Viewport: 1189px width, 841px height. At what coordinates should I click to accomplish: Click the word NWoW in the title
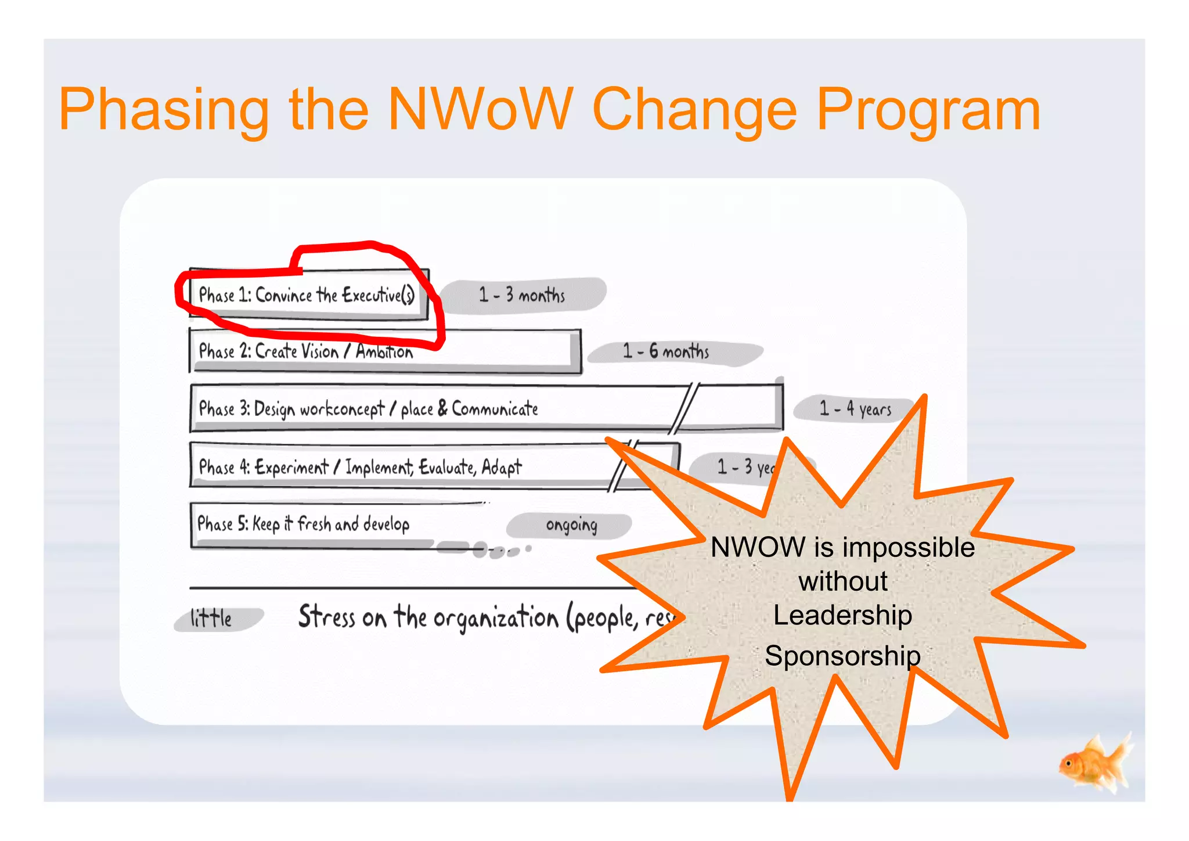coord(481,109)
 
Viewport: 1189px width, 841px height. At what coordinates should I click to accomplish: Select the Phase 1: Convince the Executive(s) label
coord(307,295)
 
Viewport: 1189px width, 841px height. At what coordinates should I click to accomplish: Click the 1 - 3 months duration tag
coord(522,295)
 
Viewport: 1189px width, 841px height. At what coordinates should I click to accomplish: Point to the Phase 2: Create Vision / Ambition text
coord(305,351)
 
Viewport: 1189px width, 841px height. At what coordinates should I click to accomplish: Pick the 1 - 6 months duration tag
coord(666,351)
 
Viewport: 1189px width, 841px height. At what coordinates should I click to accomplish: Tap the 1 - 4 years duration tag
coord(855,409)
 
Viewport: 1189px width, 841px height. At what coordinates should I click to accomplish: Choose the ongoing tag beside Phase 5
coord(571,525)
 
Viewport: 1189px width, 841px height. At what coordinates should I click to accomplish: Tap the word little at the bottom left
coord(211,619)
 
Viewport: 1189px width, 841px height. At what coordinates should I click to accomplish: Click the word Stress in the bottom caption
coord(326,617)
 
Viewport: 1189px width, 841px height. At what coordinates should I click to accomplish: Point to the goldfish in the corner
coord(1093,763)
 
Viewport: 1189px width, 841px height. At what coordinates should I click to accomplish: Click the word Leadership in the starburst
coord(842,615)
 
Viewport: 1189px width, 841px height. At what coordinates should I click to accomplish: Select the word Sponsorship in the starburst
coord(842,656)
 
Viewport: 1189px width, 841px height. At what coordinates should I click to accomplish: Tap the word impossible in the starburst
coord(908,548)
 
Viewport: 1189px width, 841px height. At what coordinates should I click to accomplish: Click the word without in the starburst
coord(842,581)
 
